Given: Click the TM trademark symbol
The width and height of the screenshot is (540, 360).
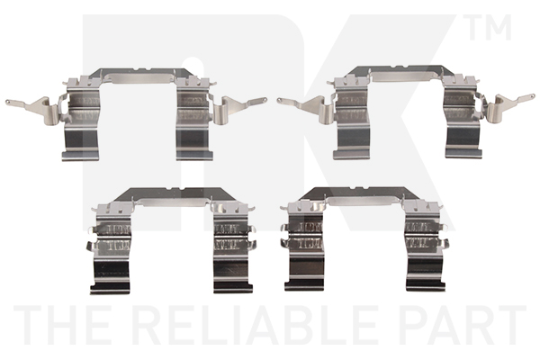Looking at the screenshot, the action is (490, 27).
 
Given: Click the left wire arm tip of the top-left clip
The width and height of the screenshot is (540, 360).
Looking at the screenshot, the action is (7, 102).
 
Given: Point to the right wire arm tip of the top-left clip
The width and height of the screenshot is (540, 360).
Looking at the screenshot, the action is (265, 100).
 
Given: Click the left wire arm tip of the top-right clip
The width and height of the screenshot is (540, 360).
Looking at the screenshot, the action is (279, 100).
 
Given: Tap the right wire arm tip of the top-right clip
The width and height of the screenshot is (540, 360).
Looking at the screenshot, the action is (533, 96).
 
